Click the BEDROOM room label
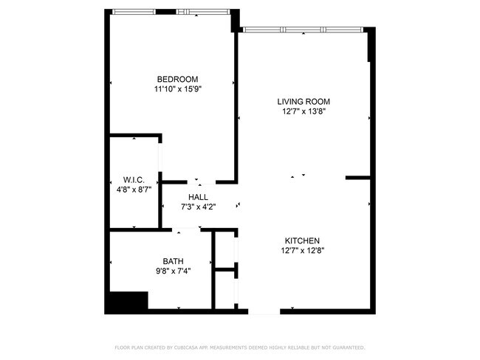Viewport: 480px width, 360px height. [x=177, y=79]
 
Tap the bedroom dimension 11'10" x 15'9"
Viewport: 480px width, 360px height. [x=177, y=89]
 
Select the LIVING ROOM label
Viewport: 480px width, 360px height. [x=303, y=102]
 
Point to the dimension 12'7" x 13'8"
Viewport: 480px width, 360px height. [x=303, y=111]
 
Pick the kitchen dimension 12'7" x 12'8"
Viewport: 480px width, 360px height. [x=303, y=250]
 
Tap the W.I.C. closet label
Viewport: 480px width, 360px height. [x=133, y=180]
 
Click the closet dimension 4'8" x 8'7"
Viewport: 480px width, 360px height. [x=133, y=190]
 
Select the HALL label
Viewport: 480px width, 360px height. [x=198, y=197]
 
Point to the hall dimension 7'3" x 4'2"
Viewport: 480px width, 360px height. [x=198, y=207]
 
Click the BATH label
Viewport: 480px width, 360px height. [x=174, y=261]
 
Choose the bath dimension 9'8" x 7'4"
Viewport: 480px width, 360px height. [x=174, y=271]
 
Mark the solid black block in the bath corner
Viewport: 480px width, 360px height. [x=128, y=301]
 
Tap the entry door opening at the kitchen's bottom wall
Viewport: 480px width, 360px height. [x=264, y=311]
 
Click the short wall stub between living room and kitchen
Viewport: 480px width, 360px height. [x=357, y=177]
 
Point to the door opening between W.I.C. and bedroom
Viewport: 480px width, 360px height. [x=160, y=156]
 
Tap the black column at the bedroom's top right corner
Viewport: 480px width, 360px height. [x=235, y=20]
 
